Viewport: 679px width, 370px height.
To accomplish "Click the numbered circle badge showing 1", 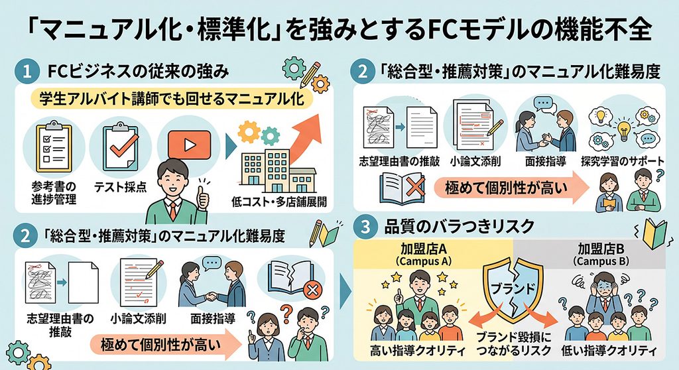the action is click(27, 71).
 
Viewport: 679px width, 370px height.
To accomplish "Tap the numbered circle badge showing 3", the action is click(365, 227).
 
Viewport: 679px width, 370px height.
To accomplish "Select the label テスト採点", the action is click(121, 187).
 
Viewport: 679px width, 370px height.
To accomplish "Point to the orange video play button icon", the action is click(189, 145).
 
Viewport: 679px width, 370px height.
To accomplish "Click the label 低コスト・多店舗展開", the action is click(279, 202).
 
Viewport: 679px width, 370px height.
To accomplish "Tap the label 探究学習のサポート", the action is click(622, 161).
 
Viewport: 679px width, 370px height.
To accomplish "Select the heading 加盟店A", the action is click(424, 249).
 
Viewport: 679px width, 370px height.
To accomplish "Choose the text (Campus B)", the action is click(601, 262).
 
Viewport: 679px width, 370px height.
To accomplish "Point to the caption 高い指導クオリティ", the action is click(418, 351).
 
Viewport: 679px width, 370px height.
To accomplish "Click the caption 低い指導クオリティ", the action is click(609, 351).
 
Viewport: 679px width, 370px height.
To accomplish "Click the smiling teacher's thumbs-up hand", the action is click(202, 198).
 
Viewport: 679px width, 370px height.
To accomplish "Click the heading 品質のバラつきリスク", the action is click(460, 226).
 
